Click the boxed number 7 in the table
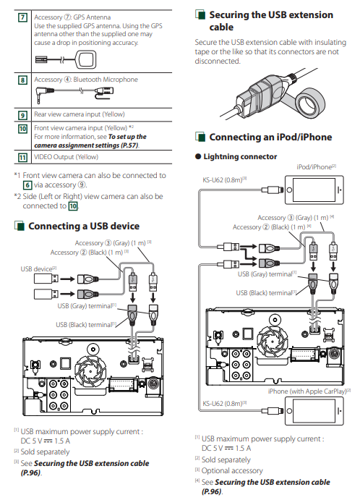(22, 17)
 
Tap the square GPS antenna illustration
(86, 59)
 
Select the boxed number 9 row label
(22, 115)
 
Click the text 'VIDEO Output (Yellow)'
(67, 157)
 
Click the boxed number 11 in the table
(22, 158)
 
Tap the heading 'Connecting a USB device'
(84, 226)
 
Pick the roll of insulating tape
(309, 104)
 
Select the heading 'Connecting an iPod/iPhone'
(270, 137)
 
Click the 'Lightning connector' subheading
(240, 156)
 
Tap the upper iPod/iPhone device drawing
(314, 190)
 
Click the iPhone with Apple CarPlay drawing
(314, 411)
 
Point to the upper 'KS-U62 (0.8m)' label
(224, 180)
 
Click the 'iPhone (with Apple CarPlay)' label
(309, 391)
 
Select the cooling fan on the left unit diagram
(90, 370)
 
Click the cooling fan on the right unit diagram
(273, 341)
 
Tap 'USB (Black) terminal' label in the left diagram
(86, 325)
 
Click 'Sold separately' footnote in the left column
(45, 452)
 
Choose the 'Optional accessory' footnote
(232, 470)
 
